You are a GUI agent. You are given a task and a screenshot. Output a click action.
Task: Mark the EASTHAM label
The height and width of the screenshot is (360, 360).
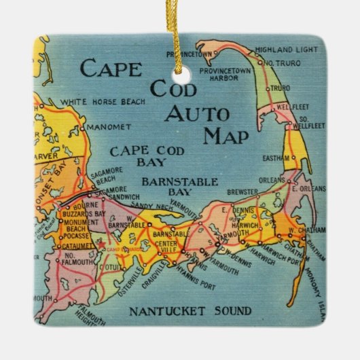pos(270,158)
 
